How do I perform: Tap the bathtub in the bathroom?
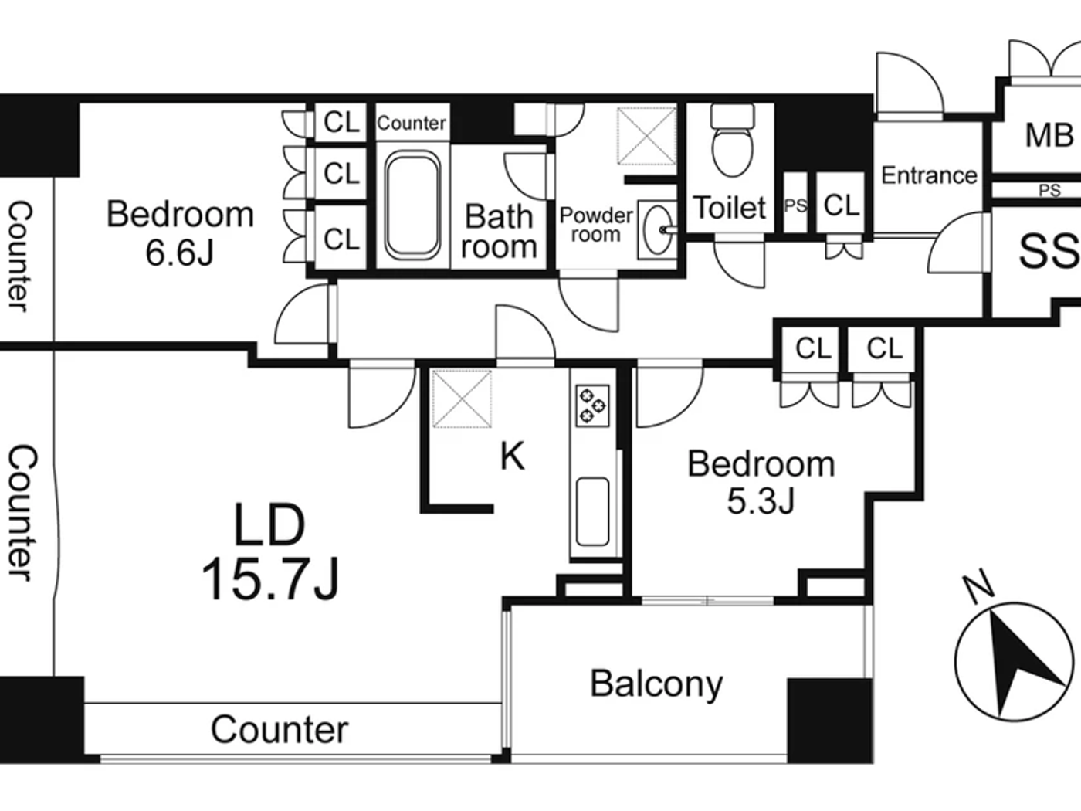[412, 205]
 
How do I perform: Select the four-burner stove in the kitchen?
[592, 405]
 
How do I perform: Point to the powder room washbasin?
[656, 229]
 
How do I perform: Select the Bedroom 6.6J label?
[180, 232]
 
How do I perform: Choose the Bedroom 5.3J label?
[761, 481]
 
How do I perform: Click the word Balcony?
[656, 684]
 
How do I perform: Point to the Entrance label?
[929, 175]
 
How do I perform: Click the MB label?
[1049, 135]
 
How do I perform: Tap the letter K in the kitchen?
[512, 456]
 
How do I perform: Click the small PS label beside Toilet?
[795, 205]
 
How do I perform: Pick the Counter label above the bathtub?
[411, 123]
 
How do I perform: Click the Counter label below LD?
[280, 729]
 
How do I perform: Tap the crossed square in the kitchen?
[462, 399]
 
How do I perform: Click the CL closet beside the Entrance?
[841, 205]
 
